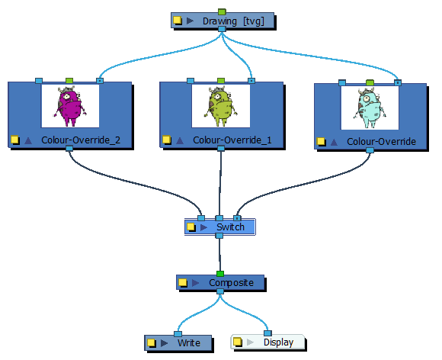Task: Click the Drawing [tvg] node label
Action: tap(234, 21)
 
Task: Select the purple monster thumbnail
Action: tap(70, 106)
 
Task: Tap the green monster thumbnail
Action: tap(220, 106)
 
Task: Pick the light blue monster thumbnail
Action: tap(370, 108)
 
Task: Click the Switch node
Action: tap(229, 227)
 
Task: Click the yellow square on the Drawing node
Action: tap(178, 21)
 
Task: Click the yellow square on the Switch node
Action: tap(191, 227)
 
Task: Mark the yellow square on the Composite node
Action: tap(183, 283)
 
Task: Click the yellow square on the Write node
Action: tap(152, 342)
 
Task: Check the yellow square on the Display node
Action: tap(238, 342)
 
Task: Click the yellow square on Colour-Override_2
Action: tap(14, 140)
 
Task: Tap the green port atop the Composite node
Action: tap(220, 273)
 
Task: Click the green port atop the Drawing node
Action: tap(222, 11)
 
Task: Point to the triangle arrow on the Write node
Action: tap(164, 342)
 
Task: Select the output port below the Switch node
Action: tap(219, 236)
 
